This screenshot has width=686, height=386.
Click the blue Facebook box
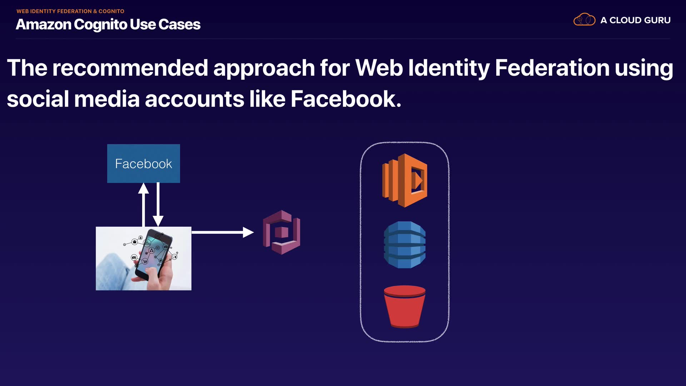[x=143, y=163]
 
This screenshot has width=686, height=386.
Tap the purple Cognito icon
[x=282, y=232]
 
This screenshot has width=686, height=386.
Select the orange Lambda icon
[x=405, y=180]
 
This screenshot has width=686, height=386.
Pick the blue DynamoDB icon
[x=404, y=245]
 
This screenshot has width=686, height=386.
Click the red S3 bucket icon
[x=404, y=306]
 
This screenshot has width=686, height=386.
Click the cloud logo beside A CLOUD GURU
[x=584, y=20]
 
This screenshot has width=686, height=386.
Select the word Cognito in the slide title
[x=100, y=25]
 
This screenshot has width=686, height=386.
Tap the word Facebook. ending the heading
[x=346, y=99]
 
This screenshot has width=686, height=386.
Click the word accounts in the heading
[x=194, y=99]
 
